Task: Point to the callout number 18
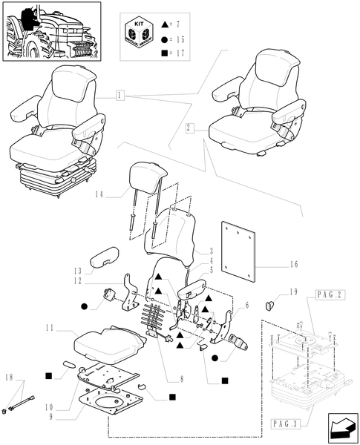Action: coord(9,378)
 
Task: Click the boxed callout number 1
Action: coord(120,96)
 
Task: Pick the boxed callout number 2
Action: coord(189,128)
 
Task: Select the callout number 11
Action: coord(48,327)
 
